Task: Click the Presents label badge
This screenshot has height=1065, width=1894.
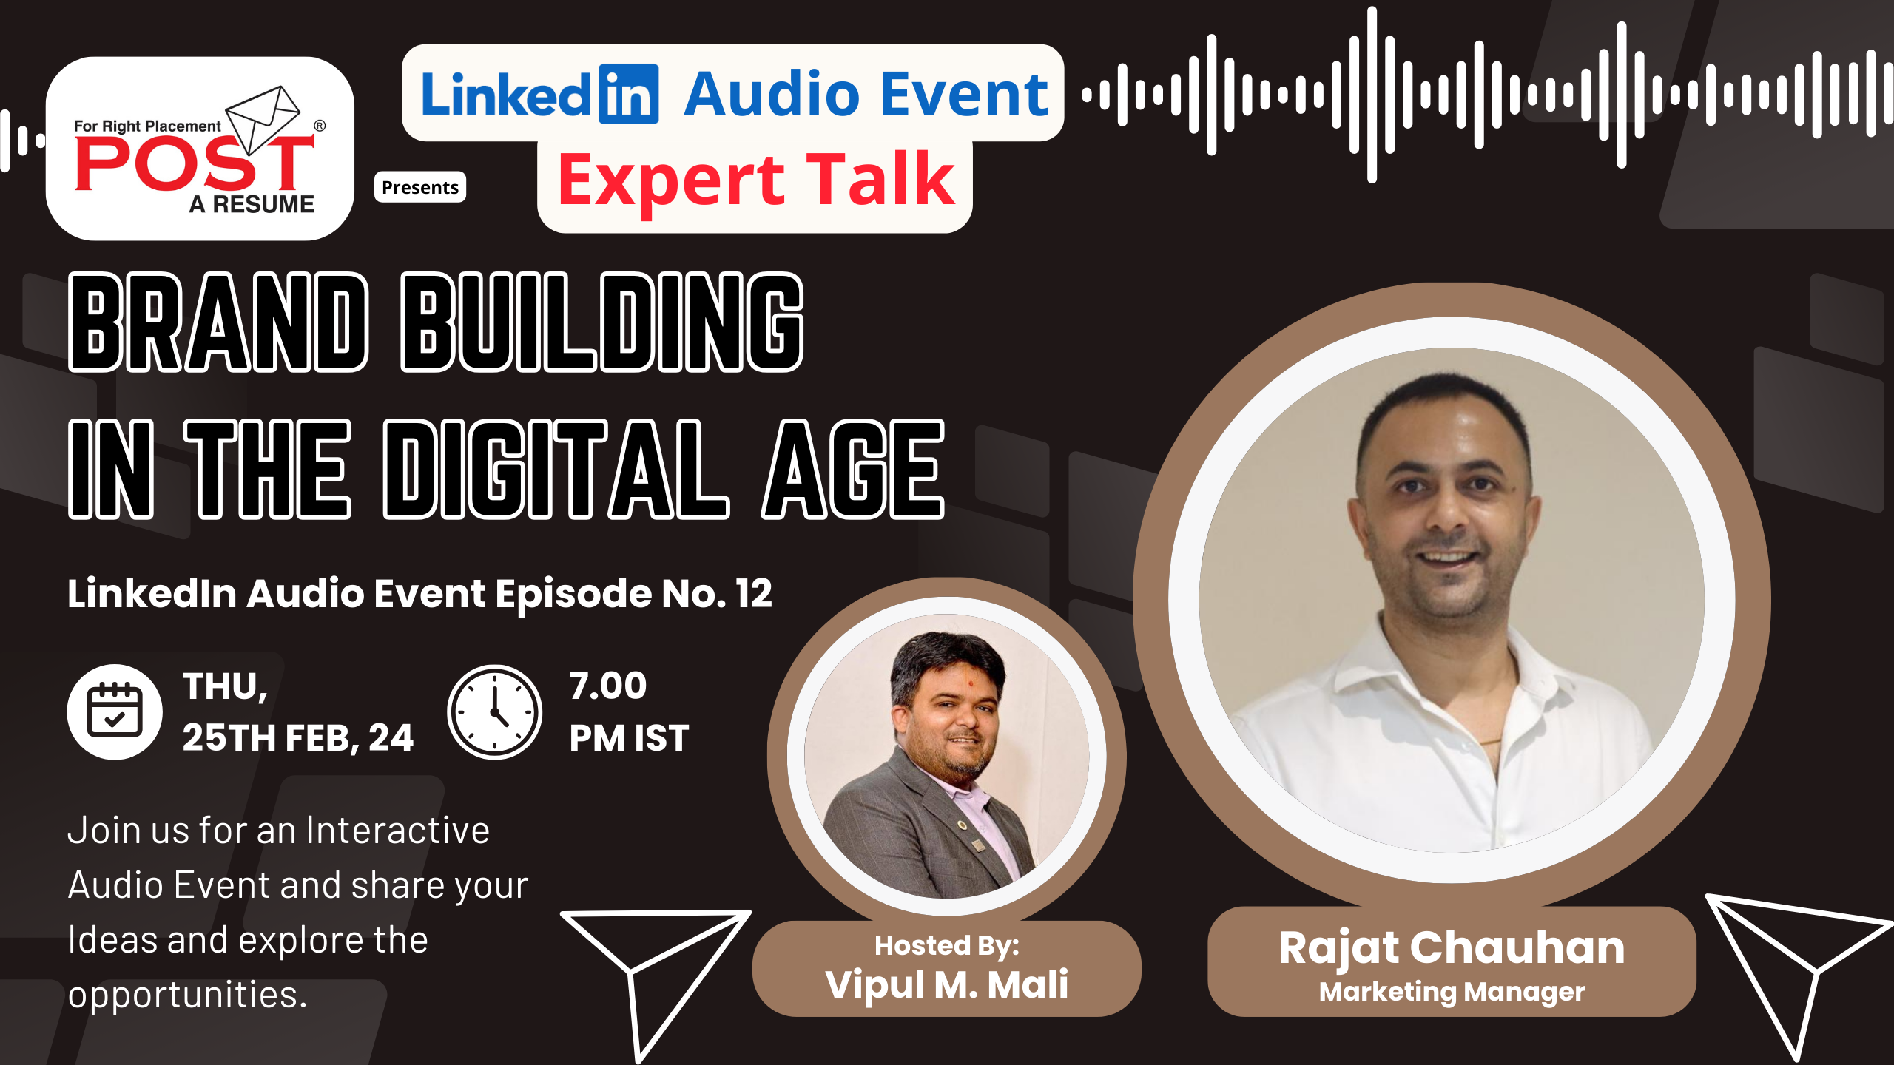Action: pyautogui.click(x=420, y=187)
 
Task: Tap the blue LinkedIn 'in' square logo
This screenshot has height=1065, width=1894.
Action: pyautogui.click(x=628, y=94)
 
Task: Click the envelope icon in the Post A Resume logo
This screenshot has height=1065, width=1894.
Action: pyautogui.click(x=263, y=118)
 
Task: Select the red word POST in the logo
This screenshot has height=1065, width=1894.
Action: pyautogui.click(x=195, y=164)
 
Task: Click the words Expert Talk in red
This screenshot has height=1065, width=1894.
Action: pyautogui.click(x=756, y=180)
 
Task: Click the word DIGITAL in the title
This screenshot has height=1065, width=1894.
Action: pyautogui.click(x=556, y=470)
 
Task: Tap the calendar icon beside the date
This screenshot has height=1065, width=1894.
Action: pyautogui.click(x=115, y=711)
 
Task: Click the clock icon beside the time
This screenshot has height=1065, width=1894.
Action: pyautogui.click(x=494, y=711)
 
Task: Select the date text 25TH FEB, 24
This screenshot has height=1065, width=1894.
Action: pyautogui.click(x=298, y=738)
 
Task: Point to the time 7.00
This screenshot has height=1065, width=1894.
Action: pyautogui.click(x=608, y=686)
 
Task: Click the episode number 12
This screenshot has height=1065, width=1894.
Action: pyautogui.click(x=754, y=593)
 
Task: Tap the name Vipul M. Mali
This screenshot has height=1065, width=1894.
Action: pyautogui.click(x=947, y=984)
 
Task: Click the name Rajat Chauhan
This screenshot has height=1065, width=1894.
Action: pyautogui.click(x=1452, y=948)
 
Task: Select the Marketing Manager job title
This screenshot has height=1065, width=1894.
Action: pyautogui.click(x=1452, y=992)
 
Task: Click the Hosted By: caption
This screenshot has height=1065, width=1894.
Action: pyautogui.click(x=947, y=945)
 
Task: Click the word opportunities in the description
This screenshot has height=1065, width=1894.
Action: pyautogui.click(x=187, y=995)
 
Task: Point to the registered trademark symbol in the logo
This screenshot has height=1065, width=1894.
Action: pyautogui.click(x=320, y=126)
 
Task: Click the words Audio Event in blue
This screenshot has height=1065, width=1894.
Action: pyautogui.click(x=866, y=94)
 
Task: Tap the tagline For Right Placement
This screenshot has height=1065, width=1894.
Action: pyautogui.click(x=147, y=126)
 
